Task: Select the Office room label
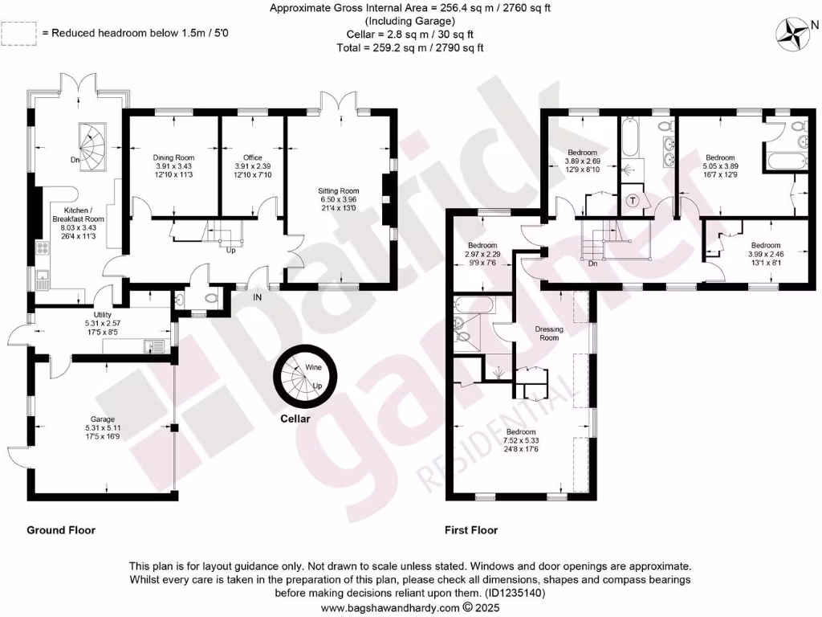point(253,157)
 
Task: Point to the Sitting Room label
point(338,191)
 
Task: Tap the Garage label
point(103,419)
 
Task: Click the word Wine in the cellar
point(312,367)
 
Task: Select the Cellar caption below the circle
point(295,419)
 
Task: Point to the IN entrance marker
point(257,298)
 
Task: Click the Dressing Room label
point(549,333)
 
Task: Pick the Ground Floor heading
point(61,530)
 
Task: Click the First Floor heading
point(471,530)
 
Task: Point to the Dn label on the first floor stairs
point(593,263)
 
